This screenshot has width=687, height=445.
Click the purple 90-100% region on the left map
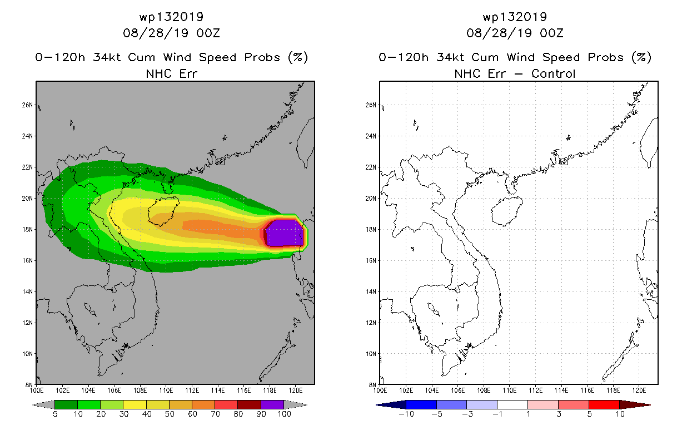[x=285, y=233]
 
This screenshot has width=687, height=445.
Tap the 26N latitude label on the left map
[x=27, y=105]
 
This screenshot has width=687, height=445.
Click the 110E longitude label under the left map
[x=166, y=390]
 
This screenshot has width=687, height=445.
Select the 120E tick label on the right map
[x=639, y=390]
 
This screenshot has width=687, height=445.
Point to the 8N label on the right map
[x=372, y=385]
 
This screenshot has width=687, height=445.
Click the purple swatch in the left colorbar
[x=272, y=404]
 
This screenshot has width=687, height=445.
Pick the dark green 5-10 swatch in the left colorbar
[x=66, y=404]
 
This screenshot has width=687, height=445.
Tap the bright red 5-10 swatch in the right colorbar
[x=604, y=404]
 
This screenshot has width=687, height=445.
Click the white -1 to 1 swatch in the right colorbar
[x=512, y=404]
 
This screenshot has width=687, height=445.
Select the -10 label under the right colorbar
[x=406, y=414]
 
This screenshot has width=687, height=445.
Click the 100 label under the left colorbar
[x=284, y=414]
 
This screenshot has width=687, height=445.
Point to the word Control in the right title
[x=553, y=73]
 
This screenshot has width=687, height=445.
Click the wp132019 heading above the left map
[x=171, y=17]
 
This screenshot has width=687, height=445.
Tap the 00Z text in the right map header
[x=551, y=33]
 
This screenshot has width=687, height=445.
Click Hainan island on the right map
[x=506, y=211]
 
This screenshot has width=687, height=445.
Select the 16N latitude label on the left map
[x=27, y=260]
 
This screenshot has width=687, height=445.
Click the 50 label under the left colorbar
[x=170, y=414]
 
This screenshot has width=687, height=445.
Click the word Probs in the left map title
[x=262, y=57]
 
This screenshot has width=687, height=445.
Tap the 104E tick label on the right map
[x=431, y=390]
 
